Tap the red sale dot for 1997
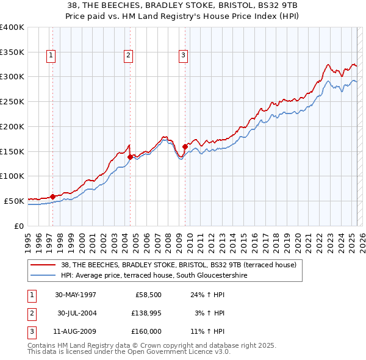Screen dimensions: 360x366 click(x=53, y=196)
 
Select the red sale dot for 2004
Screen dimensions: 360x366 click(x=130, y=157)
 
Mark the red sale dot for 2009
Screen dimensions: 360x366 click(x=185, y=146)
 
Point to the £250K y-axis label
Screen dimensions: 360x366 click(x=12, y=102)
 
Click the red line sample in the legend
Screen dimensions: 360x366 click(x=43, y=265)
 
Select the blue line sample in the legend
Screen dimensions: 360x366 click(x=43, y=276)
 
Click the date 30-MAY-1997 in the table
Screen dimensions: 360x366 click(x=76, y=294)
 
